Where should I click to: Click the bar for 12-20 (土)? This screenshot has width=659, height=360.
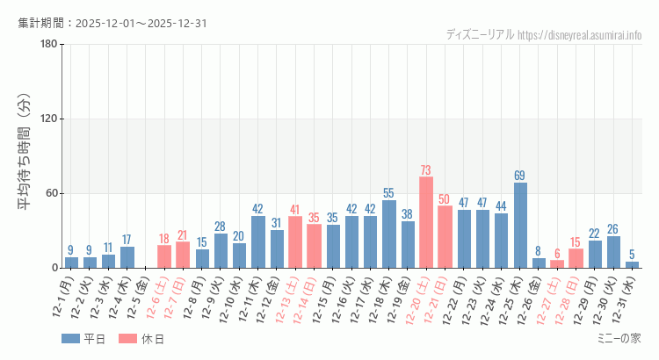tap(426, 222)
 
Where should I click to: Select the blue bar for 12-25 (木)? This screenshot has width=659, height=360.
tap(520, 225)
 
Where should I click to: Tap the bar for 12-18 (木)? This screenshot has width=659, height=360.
tap(389, 234)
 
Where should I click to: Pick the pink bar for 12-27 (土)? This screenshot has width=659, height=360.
tap(557, 263)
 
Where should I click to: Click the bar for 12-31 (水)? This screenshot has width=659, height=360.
tap(632, 264)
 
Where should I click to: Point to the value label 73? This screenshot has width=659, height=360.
tap(426, 170)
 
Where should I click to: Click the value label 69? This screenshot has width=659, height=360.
tap(520, 176)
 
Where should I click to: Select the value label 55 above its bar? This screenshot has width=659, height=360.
tap(389, 193)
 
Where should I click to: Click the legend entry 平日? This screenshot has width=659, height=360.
tap(83, 339)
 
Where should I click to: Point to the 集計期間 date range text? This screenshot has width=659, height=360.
tap(112, 23)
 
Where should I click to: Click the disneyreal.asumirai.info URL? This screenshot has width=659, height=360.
tap(580, 35)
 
